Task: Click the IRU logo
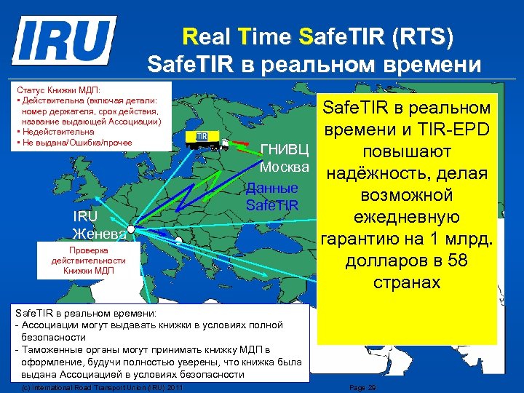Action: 65,41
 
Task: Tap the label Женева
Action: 100,234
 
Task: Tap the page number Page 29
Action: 362,388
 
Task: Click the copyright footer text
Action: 102,388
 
